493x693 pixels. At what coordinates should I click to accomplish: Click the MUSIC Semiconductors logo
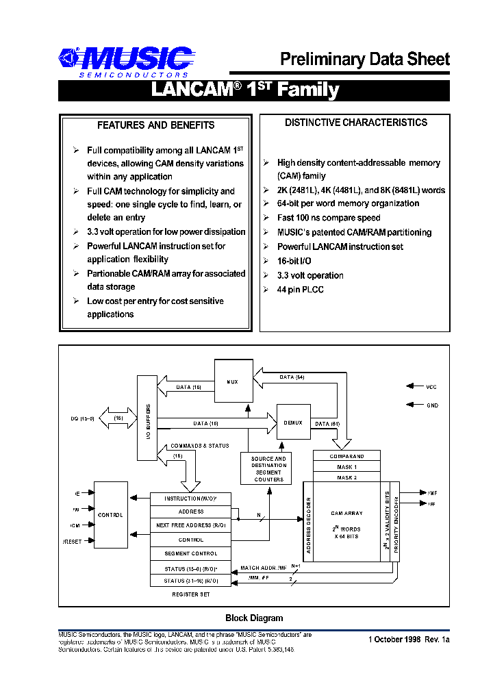pos(124,61)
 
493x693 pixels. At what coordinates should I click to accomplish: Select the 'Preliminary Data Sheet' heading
pos(364,60)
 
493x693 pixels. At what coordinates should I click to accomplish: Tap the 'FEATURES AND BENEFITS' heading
pos(155,125)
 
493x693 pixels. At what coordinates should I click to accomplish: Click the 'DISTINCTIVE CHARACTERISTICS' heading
pos(356,123)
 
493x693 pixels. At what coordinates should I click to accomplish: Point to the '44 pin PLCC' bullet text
pos(300,290)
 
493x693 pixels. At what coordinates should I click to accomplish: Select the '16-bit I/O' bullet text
pos(296,261)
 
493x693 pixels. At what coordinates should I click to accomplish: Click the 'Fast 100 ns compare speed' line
pos(329,218)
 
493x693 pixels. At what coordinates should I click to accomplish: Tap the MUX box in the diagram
pos(233,381)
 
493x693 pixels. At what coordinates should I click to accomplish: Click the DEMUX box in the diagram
pos(293,423)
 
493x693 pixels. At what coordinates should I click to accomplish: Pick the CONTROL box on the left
pos(110,515)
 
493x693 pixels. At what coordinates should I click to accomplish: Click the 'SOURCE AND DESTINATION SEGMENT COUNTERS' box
pos(268,469)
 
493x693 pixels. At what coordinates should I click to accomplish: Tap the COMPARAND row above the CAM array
pos(347,456)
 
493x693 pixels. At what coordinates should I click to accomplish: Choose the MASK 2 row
pos(347,477)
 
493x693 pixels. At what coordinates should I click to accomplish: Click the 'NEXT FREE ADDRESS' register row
pos(190,526)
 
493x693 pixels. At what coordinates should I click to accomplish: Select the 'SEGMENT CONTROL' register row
pos(190,553)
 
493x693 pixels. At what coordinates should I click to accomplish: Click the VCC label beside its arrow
pos(431,387)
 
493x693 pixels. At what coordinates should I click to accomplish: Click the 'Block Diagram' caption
pos(254,618)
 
